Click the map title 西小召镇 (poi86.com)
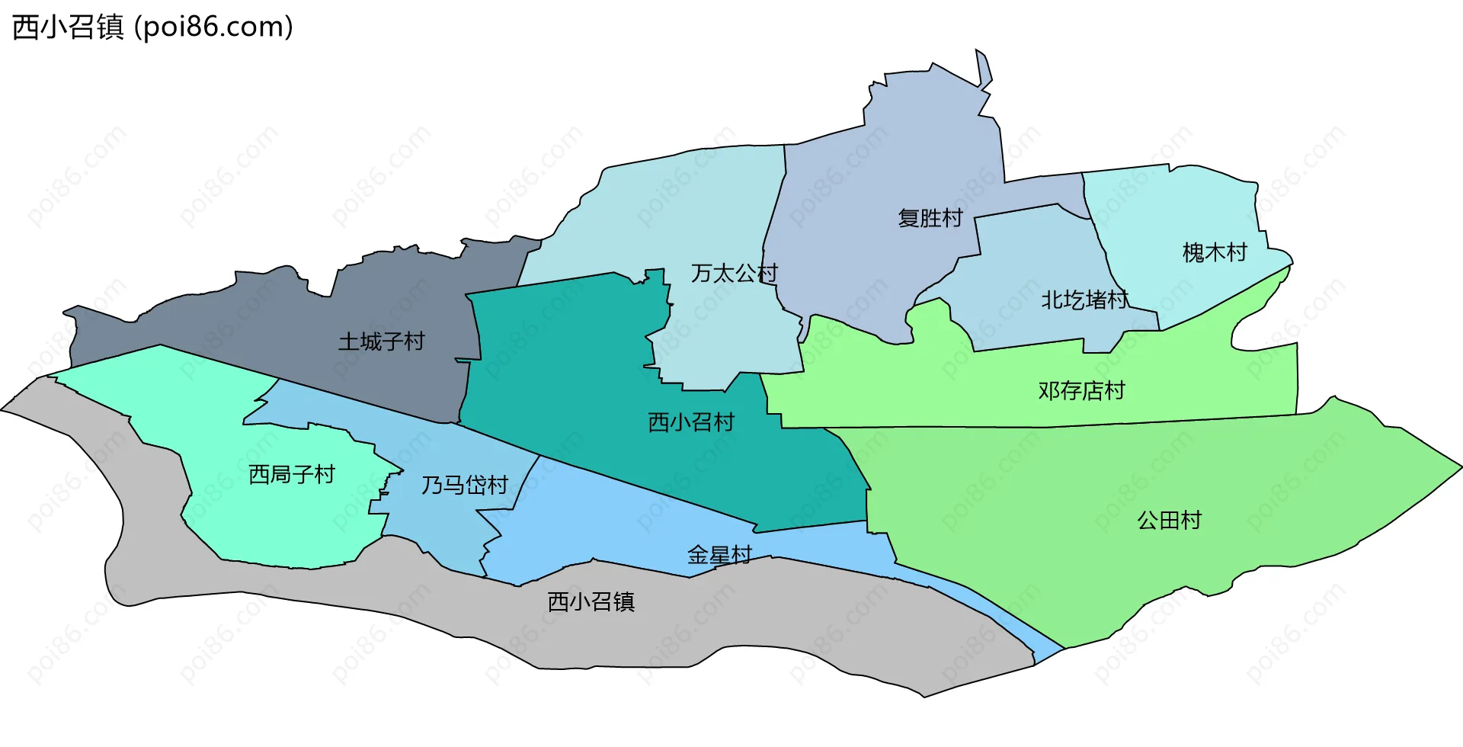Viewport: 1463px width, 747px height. [152, 27]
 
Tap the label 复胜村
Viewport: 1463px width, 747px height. [930, 218]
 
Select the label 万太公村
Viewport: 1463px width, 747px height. [734, 273]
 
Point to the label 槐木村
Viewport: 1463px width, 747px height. [1214, 252]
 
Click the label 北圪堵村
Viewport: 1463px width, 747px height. [1084, 300]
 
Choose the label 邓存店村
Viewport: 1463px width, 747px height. [1081, 391]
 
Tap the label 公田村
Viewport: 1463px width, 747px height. [1169, 521]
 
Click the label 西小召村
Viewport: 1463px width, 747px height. [690, 422]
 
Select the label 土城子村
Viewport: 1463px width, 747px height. [381, 341]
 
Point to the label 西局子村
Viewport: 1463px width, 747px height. [292, 475]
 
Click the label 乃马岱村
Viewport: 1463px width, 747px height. [465, 486]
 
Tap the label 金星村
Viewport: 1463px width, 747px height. [719, 555]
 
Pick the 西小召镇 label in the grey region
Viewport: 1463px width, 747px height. [591, 602]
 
